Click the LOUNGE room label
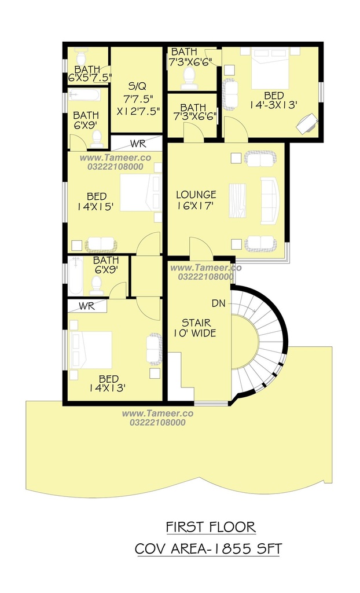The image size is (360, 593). (x=196, y=195)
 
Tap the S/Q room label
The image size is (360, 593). (x=137, y=86)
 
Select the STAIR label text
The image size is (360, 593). (x=196, y=323)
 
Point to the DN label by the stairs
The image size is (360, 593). (x=219, y=303)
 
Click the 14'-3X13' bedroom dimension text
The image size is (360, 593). (x=273, y=105)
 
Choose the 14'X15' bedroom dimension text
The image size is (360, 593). (x=96, y=207)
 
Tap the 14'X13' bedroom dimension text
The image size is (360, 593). (x=108, y=388)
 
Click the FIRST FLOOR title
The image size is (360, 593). (x=211, y=527)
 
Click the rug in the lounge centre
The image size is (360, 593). (x=237, y=200)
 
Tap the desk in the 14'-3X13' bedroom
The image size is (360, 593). (x=307, y=123)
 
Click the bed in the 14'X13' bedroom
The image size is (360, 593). (x=91, y=350)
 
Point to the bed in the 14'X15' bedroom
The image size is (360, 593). (x=141, y=192)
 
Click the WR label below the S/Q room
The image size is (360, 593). (x=138, y=144)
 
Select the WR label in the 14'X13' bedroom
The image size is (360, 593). (x=87, y=306)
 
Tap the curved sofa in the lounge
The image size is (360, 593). (x=270, y=201)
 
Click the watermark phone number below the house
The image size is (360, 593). (x=157, y=422)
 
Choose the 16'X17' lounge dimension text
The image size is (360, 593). (x=195, y=206)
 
